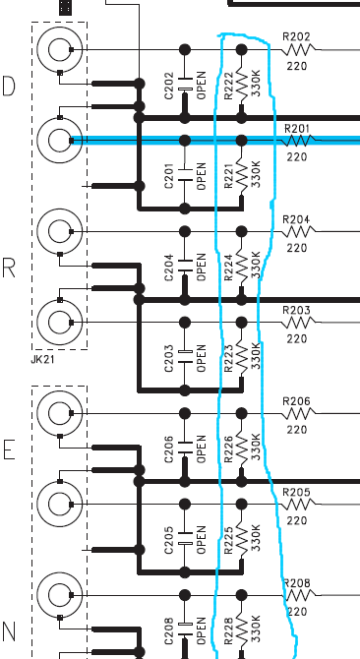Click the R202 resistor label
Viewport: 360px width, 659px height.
click(297, 37)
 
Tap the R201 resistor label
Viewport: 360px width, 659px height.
click(297, 128)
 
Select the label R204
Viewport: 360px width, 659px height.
click(297, 219)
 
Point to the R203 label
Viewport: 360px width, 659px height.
click(297, 310)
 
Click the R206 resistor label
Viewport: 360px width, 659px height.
click(297, 401)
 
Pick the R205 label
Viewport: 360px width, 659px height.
click(297, 492)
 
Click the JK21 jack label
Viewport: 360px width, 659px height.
click(42, 360)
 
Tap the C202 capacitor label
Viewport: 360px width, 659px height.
click(169, 86)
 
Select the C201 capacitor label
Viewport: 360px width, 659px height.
click(169, 176)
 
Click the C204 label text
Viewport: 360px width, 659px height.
click(169, 268)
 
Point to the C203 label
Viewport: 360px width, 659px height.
click(169, 358)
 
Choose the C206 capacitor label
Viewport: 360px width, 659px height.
click(169, 449)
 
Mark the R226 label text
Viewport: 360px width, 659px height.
click(228, 449)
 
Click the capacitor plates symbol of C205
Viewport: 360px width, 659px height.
click(184, 538)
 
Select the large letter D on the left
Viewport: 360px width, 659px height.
click(9, 86)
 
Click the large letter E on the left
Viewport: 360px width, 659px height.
click(9, 449)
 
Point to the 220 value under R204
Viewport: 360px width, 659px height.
click(297, 248)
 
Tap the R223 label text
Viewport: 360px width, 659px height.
click(228, 358)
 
